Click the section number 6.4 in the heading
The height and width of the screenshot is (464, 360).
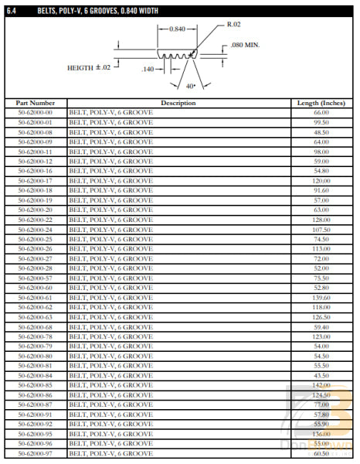[x=12, y=9]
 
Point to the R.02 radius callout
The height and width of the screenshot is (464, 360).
[x=235, y=24]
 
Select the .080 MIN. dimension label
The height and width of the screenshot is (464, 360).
[x=246, y=46]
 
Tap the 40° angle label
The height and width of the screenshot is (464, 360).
[x=190, y=86]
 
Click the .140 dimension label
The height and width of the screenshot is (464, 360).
[x=149, y=70]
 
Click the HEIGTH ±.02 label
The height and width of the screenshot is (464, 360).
[x=89, y=67]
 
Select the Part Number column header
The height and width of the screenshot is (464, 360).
[x=36, y=103]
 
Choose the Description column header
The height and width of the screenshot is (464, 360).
[x=178, y=103]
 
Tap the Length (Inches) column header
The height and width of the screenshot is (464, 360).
[x=321, y=103]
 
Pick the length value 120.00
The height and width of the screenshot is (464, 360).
[x=321, y=180]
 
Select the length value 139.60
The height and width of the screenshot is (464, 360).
[x=321, y=298]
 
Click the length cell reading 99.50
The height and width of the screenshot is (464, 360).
[x=321, y=122]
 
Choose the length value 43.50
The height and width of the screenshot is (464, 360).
[x=321, y=375]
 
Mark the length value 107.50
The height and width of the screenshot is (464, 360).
[x=321, y=230]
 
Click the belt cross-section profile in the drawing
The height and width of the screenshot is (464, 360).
[x=176, y=55]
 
